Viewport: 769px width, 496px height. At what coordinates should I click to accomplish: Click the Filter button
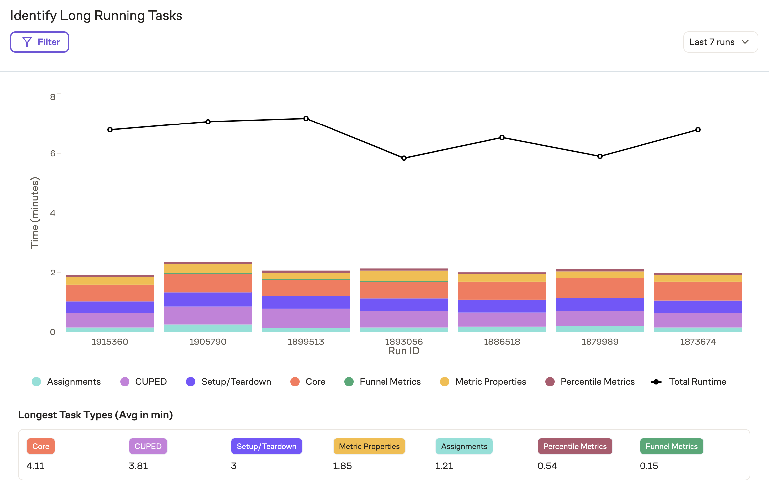[39, 42]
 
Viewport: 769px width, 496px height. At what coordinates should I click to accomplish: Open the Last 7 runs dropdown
[720, 42]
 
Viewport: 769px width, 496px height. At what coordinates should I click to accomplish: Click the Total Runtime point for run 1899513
[306, 119]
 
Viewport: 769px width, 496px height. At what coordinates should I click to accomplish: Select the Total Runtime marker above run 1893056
[404, 158]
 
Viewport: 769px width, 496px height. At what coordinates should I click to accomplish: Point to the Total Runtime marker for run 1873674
[698, 130]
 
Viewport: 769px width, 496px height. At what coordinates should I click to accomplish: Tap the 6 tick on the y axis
[53, 153]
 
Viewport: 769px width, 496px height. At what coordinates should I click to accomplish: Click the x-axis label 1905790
[208, 342]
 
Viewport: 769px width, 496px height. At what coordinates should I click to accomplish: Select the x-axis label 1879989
[600, 342]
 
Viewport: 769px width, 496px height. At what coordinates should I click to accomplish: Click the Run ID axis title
[404, 351]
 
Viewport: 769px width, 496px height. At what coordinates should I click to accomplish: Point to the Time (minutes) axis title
[35, 213]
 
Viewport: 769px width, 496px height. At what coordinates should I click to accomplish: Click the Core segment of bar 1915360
[110, 293]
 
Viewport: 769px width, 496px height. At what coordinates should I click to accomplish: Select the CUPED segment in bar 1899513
[306, 318]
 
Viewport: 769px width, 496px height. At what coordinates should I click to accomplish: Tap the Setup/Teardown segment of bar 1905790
[208, 299]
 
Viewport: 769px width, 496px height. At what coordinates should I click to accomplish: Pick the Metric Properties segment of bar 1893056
[404, 276]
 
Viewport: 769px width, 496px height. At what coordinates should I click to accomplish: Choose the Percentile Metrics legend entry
[590, 382]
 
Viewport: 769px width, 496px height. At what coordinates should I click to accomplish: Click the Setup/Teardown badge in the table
[266, 446]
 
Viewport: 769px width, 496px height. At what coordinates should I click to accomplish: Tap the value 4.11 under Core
[35, 466]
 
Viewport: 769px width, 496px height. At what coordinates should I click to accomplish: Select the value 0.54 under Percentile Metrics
[547, 466]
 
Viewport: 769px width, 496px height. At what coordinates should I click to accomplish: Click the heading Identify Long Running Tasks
[96, 16]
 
